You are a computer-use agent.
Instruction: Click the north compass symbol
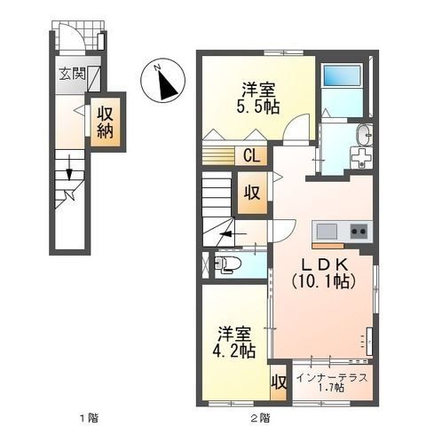164,83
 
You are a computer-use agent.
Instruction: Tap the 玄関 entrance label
72,75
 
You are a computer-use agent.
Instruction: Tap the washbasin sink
363,135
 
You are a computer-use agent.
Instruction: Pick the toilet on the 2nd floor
227,263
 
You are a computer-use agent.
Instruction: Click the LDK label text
323,264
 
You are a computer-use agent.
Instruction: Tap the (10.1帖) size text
323,281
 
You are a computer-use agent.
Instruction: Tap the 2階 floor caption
258,416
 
